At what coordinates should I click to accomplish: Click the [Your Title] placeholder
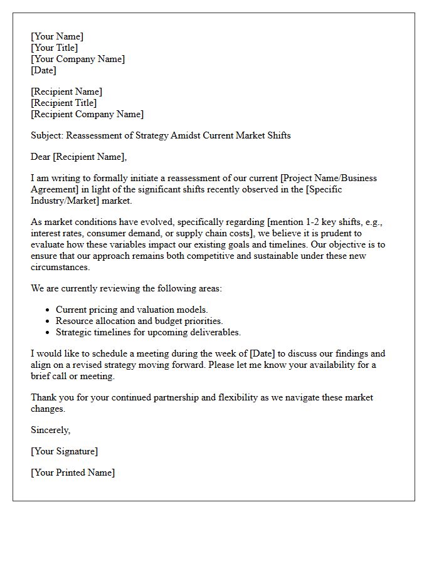pyautogui.click(x=55, y=48)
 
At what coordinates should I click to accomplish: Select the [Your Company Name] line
pyautogui.click(x=78, y=59)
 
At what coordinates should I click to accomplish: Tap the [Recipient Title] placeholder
pyautogui.click(x=64, y=103)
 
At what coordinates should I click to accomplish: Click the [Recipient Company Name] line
pyautogui.click(x=87, y=114)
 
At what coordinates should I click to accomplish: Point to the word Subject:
pyautogui.click(x=47, y=135)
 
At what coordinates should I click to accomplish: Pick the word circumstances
pyautogui.click(x=60, y=267)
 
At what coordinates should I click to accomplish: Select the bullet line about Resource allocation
pyautogui.click(x=139, y=321)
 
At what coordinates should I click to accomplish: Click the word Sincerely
pyautogui.click(x=50, y=430)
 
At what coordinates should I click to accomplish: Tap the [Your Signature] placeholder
pyautogui.click(x=65, y=451)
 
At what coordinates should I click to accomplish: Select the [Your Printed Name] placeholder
pyautogui.click(x=73, y=473)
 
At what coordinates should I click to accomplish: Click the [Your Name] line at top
pyautogui.click(x=57, y=36)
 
